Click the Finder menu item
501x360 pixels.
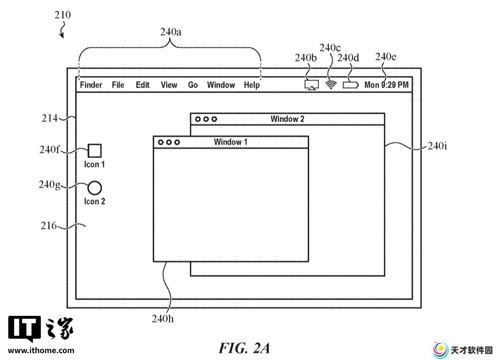tap(91, 85)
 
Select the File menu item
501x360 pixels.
tap(118, 85)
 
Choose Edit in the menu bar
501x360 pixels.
tap(142, 85)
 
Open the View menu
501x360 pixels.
tap(169, 85)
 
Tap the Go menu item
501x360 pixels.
tap(192, 85)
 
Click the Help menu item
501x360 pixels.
tap(252, 85)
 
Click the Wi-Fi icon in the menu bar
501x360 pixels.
tap(331, 85)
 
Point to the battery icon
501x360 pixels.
tap(350, 85)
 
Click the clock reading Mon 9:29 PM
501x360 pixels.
tap(386, 85)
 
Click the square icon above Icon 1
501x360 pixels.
tap(94, 151)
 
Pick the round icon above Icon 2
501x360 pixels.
tap(94, 188)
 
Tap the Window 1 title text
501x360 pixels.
tap(231, 142)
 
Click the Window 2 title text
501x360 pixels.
tap(287, 119)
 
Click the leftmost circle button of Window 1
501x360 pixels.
tap(161, 142)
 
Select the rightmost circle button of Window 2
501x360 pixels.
tap(214, 119)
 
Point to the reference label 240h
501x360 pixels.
tap(163, 319)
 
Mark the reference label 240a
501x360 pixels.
tap(171, 32)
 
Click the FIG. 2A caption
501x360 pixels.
tap(244, 348)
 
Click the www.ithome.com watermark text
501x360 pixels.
tap(41, 350)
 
